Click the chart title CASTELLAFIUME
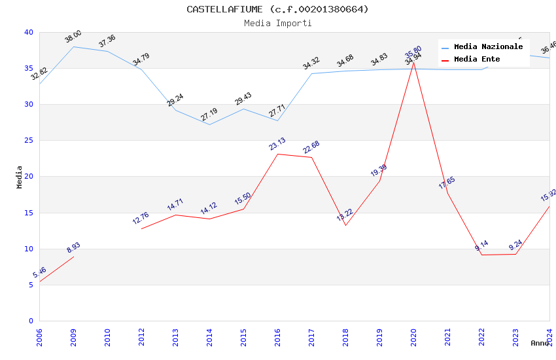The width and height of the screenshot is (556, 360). click(x=277, y=9)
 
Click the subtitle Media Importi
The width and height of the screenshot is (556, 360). click(x=277, y=23)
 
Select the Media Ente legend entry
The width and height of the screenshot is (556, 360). click(x=477, y=60)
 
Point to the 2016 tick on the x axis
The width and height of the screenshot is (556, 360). click(x=277, y=338)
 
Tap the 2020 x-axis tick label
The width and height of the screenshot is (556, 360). click(x=413, y=338)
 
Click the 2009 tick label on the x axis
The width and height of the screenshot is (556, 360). click(x=73, y=338)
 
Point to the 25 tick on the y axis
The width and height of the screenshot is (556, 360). click(x=28, y=141)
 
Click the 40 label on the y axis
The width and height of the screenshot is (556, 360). click(x=28, y=32)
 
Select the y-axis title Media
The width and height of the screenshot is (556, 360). click(x=20, y=177)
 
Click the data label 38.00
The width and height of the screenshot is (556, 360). click(x=73, y=37)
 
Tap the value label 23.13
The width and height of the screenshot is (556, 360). click(x=277, y=144)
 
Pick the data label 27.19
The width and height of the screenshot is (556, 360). click(x=209, y=115)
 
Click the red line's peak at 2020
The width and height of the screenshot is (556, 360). click(x=413, y=62)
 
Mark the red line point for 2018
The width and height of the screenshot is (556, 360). click(x=345, y=225)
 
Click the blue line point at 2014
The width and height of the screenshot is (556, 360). click(x=209, y=124)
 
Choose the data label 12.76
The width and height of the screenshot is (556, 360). click(x=141, y=218)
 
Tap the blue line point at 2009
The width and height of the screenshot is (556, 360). click(x=73, y=46)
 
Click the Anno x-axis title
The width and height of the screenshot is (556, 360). click(x=540, y=343)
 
